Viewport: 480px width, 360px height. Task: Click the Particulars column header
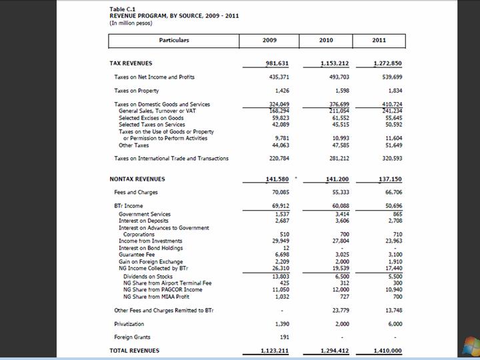pos(174,40)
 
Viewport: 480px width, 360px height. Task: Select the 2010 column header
pos(326,40)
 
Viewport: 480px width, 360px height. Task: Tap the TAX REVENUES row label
pos(131,63)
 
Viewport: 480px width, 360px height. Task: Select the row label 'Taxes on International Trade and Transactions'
pos(171,159)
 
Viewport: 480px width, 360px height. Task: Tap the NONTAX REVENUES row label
pos(137,179)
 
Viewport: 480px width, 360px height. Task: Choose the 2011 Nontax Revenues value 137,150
pos(388,179)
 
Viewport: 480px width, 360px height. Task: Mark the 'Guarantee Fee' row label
pos(136,255)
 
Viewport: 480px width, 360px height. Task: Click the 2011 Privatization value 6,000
pos(395,323)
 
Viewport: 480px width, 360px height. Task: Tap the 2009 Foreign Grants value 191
pos(281,337)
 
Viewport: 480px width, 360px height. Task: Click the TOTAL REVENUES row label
pos(134,351)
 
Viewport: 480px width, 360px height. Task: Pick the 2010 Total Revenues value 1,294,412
pos(334,351)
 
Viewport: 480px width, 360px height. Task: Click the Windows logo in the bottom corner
pos(471,347)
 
